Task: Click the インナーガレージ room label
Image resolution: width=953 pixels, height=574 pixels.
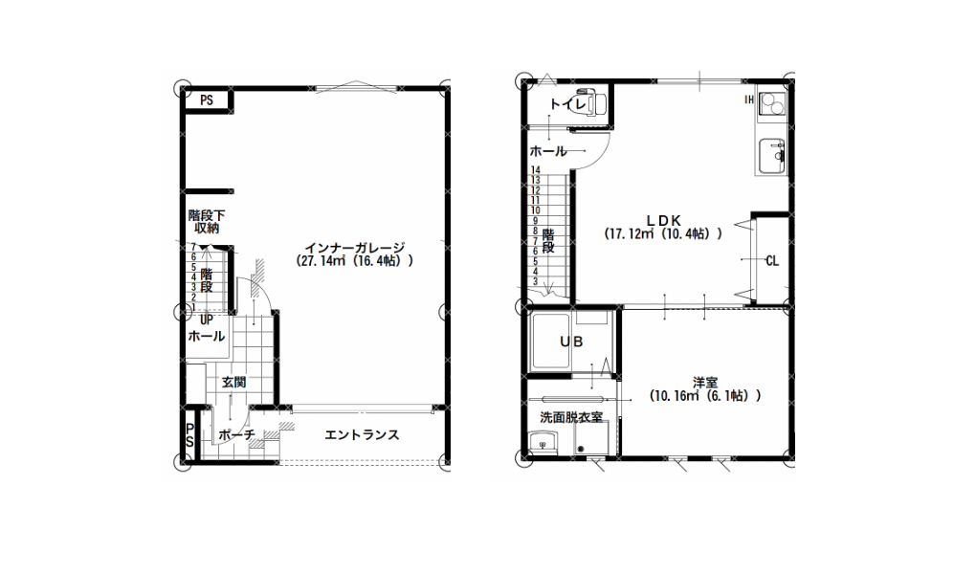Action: [x=354, y=248]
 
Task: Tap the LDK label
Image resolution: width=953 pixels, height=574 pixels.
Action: [x=664, y=220]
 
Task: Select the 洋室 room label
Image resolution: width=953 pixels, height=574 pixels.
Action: [x=705, y=383]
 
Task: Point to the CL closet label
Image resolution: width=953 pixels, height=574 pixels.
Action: [x=772, y=261]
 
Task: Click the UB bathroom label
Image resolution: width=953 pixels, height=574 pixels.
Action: [x=571, y=342]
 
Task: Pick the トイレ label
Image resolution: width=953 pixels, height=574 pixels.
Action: [x=567, y=104]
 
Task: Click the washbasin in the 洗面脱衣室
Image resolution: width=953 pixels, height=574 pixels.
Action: [x=543, y=442]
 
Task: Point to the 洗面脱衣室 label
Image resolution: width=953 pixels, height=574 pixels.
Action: [x=571, y=417]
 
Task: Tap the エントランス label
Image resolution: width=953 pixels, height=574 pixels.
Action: [x=362, y=435]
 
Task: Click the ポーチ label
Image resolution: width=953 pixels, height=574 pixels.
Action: [x=236, y=435]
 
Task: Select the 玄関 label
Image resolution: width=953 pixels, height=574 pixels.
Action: [x=233, y=382]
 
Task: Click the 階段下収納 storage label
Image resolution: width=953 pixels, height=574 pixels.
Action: [x=207, y=222]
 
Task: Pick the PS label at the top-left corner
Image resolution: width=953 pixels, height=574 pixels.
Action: [x=207, y=100]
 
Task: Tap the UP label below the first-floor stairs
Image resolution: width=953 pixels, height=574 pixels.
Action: [x=207, y=320]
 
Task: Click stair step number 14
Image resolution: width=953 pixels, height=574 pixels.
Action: [x=536, y=170]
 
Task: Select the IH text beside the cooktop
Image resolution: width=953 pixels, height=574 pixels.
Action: [x=750, y=99]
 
